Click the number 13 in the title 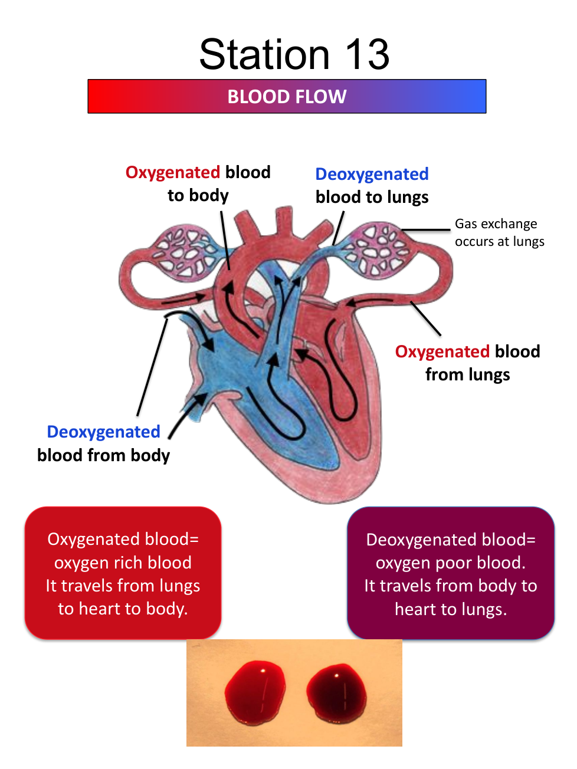point(367,55)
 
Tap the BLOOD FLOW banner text point(287,97)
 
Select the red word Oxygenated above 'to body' point(173,172)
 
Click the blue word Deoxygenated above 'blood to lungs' point(372,174)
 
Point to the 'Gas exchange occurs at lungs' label point(499,232)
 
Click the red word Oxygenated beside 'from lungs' point(442,351)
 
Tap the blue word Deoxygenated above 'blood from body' point(103,432)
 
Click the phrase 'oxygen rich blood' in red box point(123,563)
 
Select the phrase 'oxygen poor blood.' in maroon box point(450,563)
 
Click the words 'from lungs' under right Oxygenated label point(467,374)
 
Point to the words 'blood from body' point(103,455)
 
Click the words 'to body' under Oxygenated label point(198,195)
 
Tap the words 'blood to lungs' point(372,197)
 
